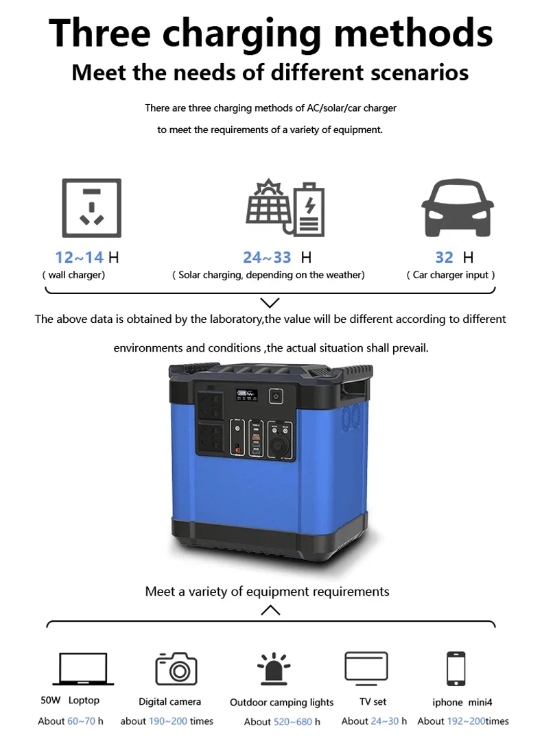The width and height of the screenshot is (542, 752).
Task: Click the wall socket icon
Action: [x=92, y=208]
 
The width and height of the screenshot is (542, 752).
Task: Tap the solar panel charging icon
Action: [x=285, y=208]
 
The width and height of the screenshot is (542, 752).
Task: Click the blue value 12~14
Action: [x=80, y=258]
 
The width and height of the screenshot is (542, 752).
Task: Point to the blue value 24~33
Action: [x=267, y=258]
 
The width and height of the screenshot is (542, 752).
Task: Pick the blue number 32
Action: [x=444, y=258]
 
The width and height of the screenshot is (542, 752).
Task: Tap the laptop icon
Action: [x=83, y=669]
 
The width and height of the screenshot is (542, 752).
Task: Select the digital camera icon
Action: [x=176, y=668]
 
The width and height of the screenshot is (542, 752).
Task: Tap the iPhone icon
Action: [x=456, y=668]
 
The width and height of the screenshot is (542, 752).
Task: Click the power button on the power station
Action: [x=276, y=396]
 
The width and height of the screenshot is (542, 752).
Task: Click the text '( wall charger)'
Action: [x=73, y=275]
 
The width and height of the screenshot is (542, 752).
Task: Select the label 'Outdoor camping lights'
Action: [x=281, y=702]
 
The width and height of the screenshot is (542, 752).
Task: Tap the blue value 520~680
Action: [x=293, y=721]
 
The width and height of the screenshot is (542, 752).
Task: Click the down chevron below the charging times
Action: [x=270, y=302]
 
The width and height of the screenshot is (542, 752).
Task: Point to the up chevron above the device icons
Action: [x=270, y=609]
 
